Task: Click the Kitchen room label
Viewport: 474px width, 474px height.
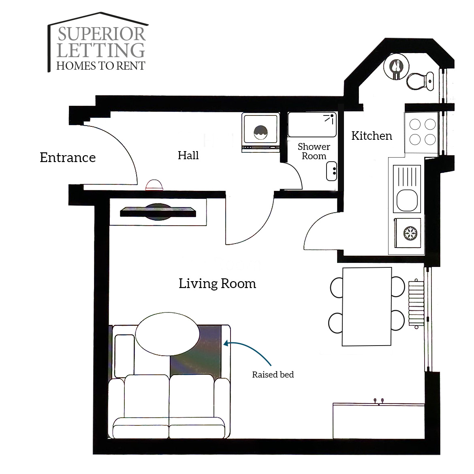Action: tap(372, 136)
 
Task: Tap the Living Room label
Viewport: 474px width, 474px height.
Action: tap(217, 284)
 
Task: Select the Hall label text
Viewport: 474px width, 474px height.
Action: tap(188, 156)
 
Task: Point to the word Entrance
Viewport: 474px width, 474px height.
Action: tap(68, 158)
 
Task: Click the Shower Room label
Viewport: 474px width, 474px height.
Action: tap(314, 151)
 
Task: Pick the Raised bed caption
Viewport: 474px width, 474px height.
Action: tap(273, 375)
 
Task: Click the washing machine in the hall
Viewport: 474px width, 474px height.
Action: tap(260, 132)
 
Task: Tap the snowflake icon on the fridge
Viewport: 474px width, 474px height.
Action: tap(410, 234)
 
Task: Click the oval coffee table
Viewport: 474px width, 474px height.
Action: tap(167, 334)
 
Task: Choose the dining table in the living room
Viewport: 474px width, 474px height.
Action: tap(367, 307)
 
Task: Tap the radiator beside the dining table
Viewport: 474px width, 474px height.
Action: tap(416, 303)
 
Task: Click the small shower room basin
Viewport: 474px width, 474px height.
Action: tap(332, 171)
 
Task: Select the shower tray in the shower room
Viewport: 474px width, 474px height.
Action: tap(312, 124)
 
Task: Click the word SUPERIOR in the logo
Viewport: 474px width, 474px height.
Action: tap(102, 34)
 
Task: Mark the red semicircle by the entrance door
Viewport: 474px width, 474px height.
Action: tap(154, 185)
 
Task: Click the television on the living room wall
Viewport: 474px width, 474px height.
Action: tap(158, 211)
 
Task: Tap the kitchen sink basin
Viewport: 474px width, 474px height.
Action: tap(407, 200)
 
